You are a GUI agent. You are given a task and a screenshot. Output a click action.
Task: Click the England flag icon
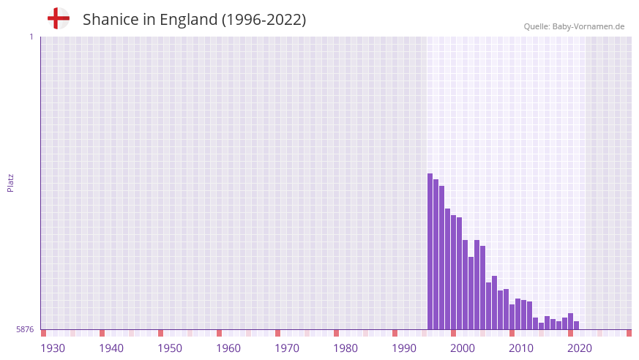click(x=58, y=18)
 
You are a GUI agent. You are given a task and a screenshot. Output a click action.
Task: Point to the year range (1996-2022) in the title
click(x=264, y=20)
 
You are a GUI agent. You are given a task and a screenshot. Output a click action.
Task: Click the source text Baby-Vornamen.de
click(x=588, y=26)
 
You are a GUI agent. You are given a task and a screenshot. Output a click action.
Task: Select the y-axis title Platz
click(x=10, y=182)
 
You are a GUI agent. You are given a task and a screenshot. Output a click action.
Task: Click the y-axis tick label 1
click(x=31, y=37)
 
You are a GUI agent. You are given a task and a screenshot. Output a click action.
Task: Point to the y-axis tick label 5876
click(x=25, y=330)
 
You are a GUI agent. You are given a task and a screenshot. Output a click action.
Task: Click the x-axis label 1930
click(x=53, y=348)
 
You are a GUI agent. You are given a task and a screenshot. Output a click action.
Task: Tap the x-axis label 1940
click(x=111, y=348)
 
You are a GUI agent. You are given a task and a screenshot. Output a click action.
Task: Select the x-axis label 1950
click(x=170, y=348)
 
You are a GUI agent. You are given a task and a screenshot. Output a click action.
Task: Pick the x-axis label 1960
click(x=228, y=348)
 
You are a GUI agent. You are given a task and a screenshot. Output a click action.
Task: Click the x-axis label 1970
click(x=287, y=348)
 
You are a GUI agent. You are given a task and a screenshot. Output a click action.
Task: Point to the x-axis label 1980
click(x=345, y=348)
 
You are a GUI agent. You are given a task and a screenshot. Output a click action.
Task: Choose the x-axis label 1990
click(x=404, y=348)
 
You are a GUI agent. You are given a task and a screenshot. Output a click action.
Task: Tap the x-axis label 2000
click(x=463, y=348)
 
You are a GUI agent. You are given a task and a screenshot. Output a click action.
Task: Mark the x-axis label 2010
click(x=521, y=348)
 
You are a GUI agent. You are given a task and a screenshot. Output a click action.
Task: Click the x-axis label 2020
click(x=580, y=348)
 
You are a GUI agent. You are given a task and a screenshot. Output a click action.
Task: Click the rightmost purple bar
click(x=577, y=326)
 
